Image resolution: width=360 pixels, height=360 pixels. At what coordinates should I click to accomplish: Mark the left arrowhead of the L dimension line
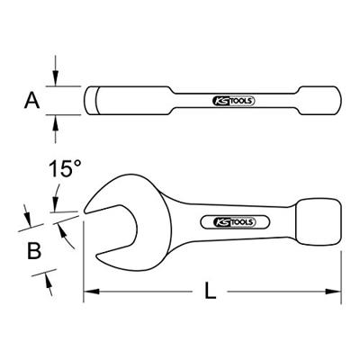point(90,292)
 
